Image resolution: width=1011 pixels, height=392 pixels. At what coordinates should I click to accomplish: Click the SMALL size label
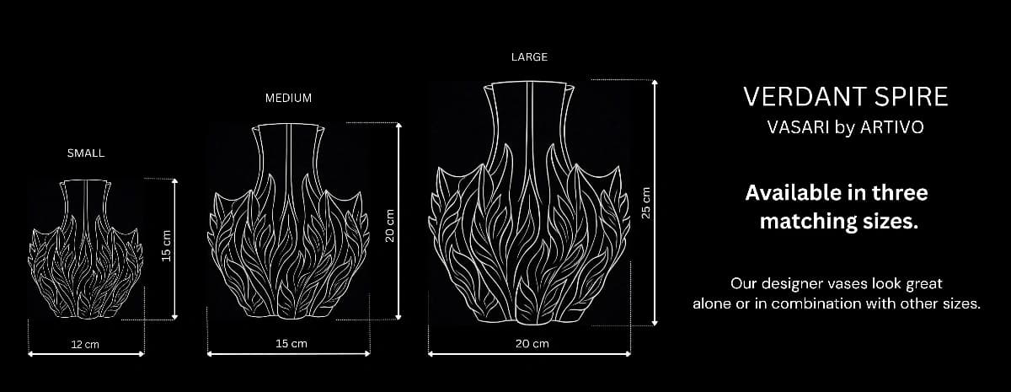tap(86, 153)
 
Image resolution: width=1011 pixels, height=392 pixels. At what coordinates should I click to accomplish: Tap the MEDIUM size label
tap(288, 98)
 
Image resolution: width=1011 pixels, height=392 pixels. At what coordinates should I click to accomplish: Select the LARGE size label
tap(529, 57)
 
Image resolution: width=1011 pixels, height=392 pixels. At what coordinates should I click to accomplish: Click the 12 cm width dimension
tap(85, 344)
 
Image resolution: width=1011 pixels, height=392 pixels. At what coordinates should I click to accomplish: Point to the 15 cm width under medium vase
tap(291, 344)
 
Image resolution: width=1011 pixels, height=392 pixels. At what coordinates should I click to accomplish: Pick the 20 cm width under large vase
tap(532, 344)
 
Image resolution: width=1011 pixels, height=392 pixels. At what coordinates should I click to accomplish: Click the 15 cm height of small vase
tap(166, 244)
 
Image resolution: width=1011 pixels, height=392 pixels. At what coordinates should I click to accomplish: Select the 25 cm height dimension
tap(646, 202)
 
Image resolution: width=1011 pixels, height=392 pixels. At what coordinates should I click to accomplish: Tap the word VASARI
tap(789, 128)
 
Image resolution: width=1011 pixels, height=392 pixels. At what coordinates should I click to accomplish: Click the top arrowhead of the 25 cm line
tap(655, 83)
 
